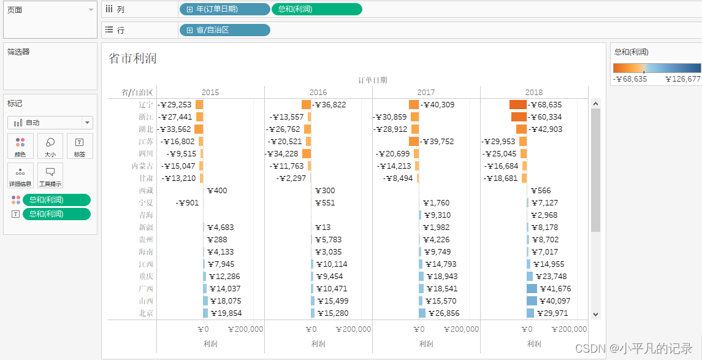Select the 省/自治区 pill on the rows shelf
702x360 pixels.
[224, 30]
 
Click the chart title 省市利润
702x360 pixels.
[132, 58]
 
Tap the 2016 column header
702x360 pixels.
[318, 93]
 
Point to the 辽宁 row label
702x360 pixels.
[146, 105]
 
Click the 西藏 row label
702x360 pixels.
[146, 191]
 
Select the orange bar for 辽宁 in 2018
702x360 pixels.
[518, 105]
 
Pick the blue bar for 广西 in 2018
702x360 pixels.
[532, 289]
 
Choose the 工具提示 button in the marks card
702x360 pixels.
[50, 175]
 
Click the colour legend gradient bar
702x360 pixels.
[657, 68]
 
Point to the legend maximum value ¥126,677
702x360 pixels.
[682, 79]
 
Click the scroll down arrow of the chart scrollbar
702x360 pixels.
[595, 314]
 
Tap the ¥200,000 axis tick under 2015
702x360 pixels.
[245, 329]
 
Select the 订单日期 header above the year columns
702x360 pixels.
[373, 80]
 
